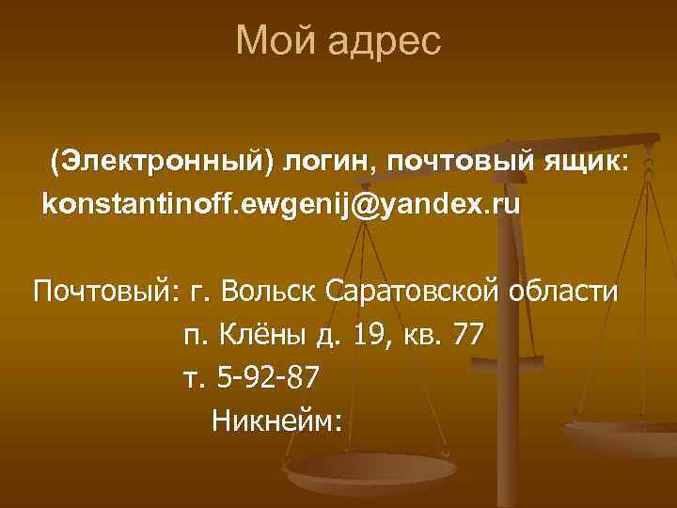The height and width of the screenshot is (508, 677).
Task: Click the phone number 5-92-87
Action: [x=268, y=377]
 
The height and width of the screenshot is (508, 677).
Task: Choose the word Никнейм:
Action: [x=276, y=419]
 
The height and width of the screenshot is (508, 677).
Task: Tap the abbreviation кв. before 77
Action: [x=422, y=334]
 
